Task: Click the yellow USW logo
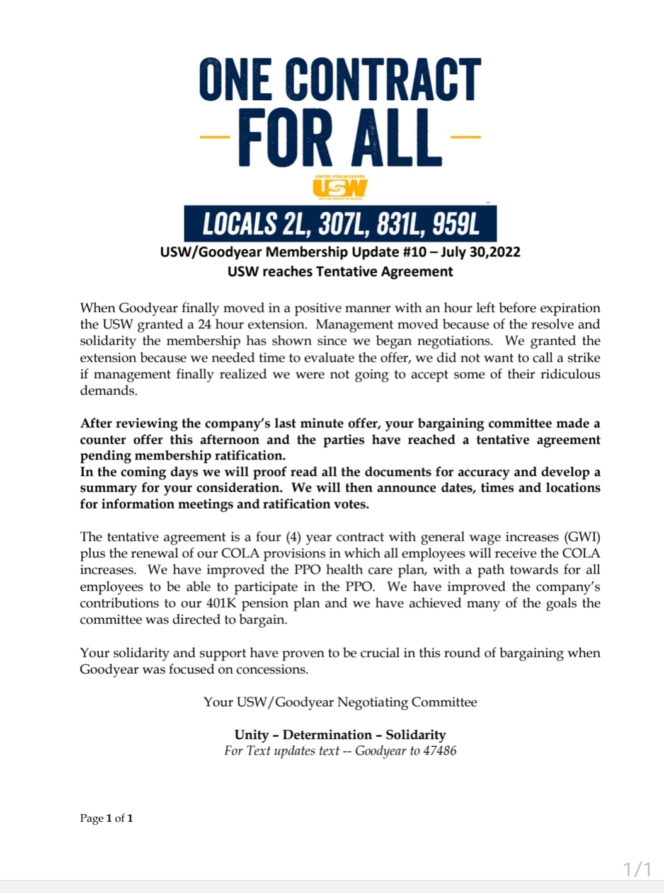pos(340,188)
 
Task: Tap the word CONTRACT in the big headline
pos(384,80)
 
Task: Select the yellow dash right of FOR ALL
pos(466,136)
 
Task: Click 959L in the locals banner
pos(455,224)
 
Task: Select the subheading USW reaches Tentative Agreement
pos(340,272)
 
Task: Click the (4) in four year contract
pos(294,537)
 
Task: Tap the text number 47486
pos(440,751)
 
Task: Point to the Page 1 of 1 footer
pos(106,819)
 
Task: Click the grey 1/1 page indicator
pos(638,870)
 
